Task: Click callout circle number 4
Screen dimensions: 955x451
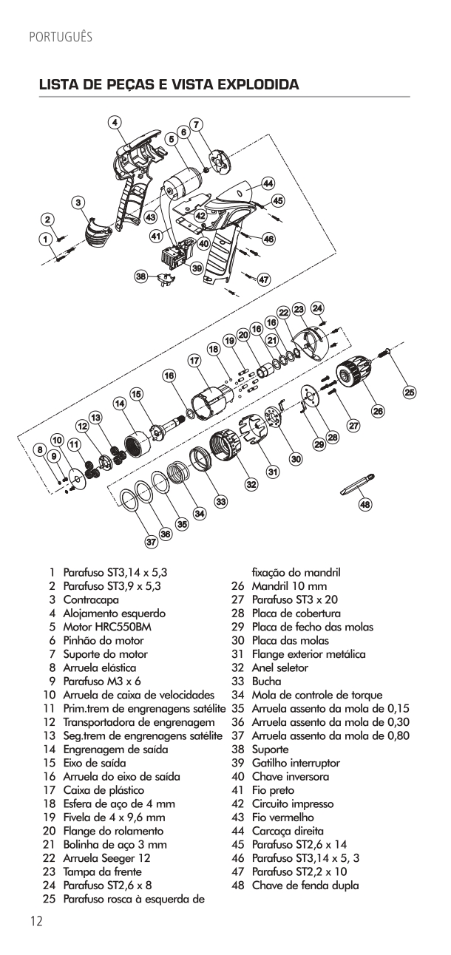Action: coord(115,123)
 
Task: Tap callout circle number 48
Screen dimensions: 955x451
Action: coord(364,504)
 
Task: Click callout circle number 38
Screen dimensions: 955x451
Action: coord(140,276)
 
